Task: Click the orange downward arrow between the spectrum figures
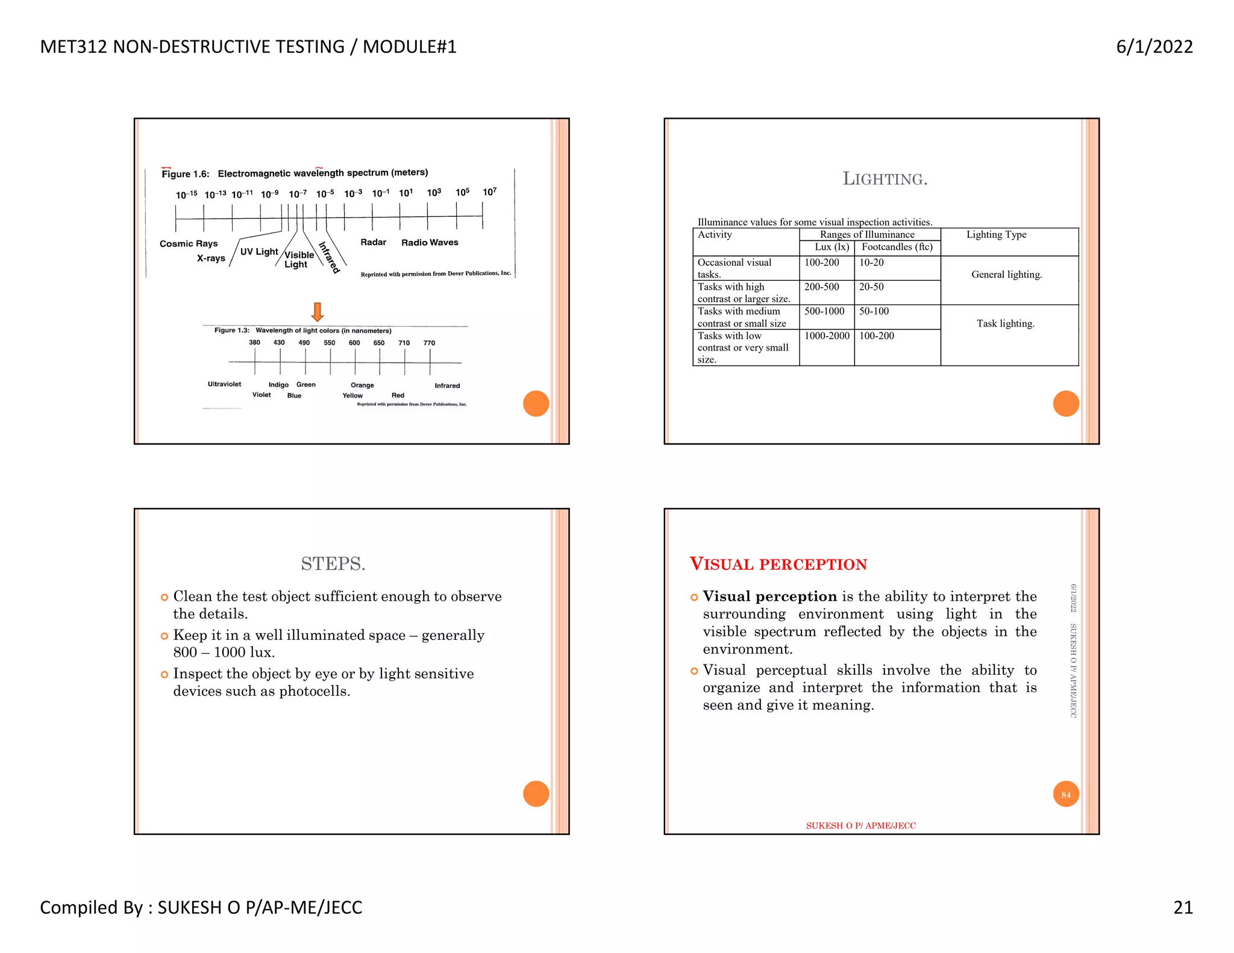[318, 312]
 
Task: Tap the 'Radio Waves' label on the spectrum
[430, 242]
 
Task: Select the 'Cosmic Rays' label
[189, 243]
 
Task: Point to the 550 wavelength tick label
[329, 343]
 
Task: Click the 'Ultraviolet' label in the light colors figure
[224, 384]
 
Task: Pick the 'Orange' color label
[362, 385]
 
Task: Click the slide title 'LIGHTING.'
[885, 179]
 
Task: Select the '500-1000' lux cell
[824, 311]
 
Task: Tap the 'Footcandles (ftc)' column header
[897, 247]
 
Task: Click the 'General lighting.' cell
[1006, 275]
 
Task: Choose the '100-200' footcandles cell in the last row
[877, 336]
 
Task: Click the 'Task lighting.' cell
[1005, 323]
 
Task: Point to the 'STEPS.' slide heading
[333, 564]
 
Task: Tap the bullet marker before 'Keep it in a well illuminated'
[164, 636]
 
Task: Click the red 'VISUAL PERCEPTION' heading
[778, 564]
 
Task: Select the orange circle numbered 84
[1065, 794]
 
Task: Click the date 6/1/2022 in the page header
[1154, 47]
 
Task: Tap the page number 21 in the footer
[1183, 907]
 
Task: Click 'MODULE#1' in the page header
[409, 47]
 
